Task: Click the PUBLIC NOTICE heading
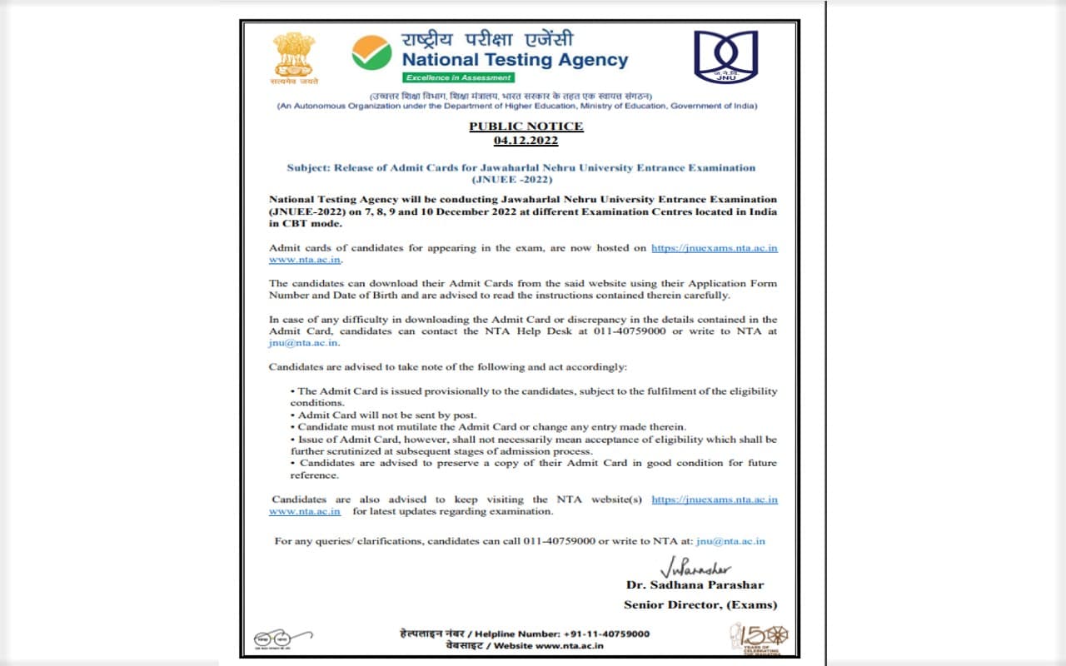(x=526, y=127)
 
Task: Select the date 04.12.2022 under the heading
(x=526, y=141)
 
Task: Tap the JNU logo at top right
(x=726, y=57)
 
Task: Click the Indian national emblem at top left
(x=293, y=57)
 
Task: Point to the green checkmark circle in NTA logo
(x=371, y=52)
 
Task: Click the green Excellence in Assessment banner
(x=459, y=77)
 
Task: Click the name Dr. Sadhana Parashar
(x=695, y=585)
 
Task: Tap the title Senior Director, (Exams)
(x=700, y=604)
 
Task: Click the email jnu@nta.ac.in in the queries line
(x=730, y=541)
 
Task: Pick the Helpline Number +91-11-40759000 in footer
(x=524, y=634)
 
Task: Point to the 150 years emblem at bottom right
(x=759, y=639)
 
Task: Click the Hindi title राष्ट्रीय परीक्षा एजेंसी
(x=487, y=40)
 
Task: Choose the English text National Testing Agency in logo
(x=515, y=60)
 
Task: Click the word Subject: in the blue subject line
(x=308, y=167)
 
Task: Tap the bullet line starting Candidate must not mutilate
(x=491, y=427)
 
